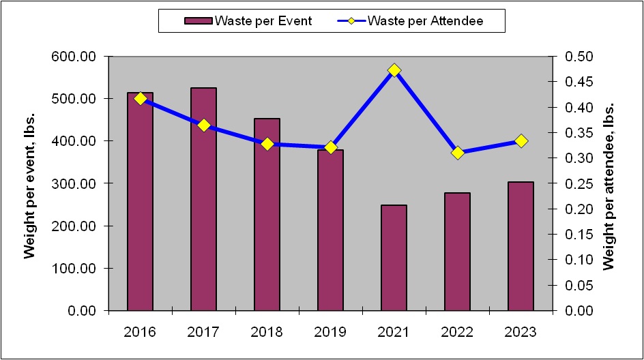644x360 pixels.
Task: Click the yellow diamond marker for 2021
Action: pyautogui.click(x=394, y=70)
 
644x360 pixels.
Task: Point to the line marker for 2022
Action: pyautogui.click(x=457, y=153)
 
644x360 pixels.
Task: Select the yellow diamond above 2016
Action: pyautogui.click(x=141, y=99)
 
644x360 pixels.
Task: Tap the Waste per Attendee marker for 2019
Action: pyautogui.click(x=330, y=147)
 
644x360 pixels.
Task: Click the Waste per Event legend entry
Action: pyautogui.click(x=248, y=20)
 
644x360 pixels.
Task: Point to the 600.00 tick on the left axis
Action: pyautogui.click(x=74, y=57)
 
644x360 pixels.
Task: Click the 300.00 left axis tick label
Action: pyautogui.click(x=74, y=184)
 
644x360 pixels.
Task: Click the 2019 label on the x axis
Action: pyautogui.click(x=330, y=332)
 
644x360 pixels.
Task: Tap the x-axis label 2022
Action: pyautogui.click(x=457, y=332)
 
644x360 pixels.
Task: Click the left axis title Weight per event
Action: pyautogui.click(x=29, y=184)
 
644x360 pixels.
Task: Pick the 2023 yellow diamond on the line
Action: pyautogui.click(x=521, y=141)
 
